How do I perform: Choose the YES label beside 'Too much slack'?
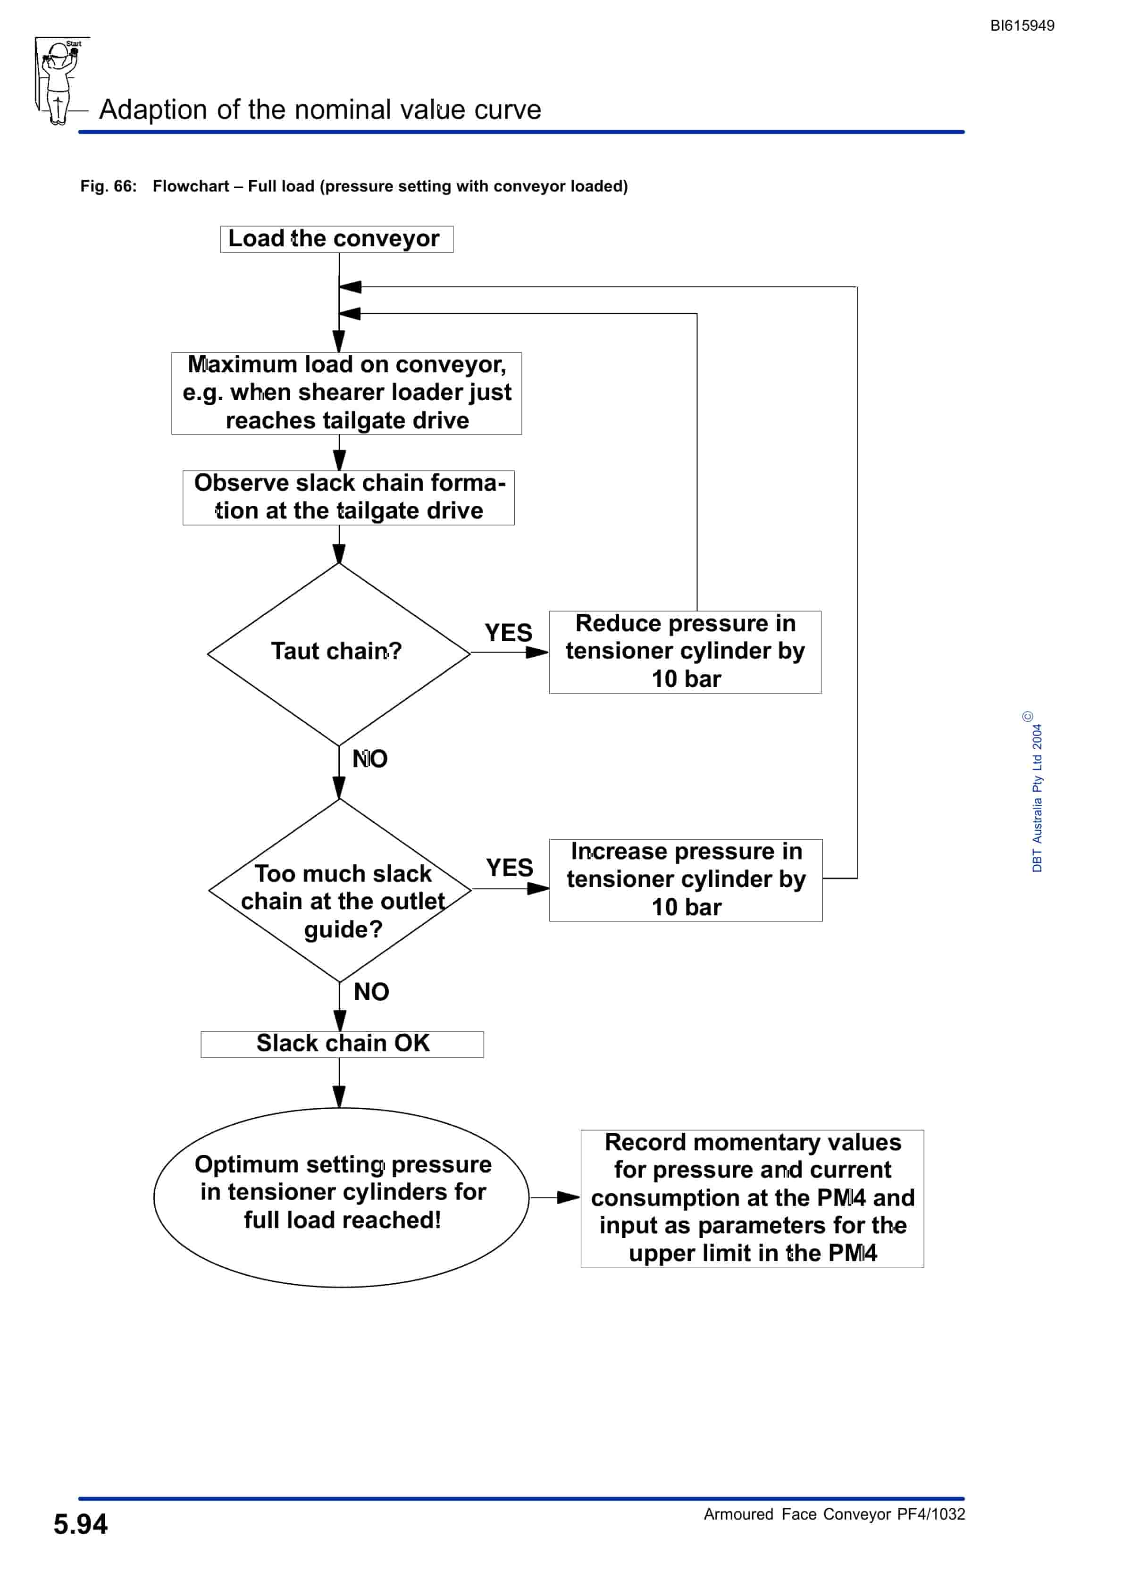point(510,868)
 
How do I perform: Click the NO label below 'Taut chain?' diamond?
point(370,759)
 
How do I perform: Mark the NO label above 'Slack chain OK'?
point(371,992)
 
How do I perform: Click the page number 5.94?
point(80,1524)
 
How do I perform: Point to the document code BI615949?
point(1022,25)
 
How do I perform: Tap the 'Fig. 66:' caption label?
point(109,186)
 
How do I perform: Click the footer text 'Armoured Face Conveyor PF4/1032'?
point(834,1514)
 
